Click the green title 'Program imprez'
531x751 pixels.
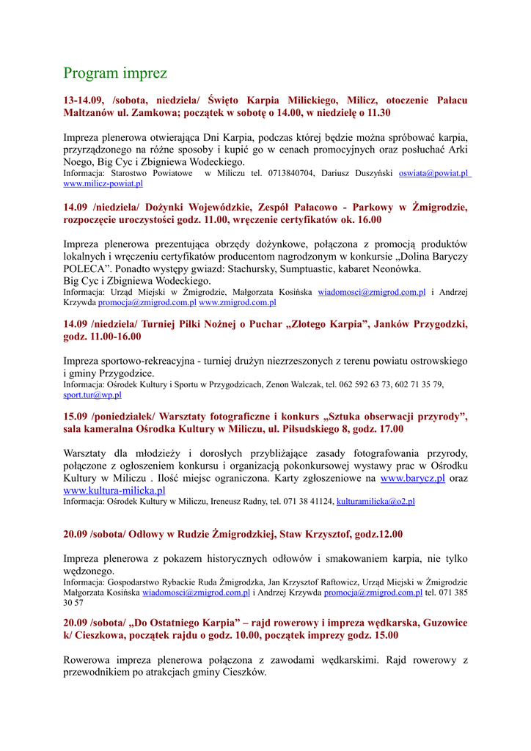click(115, 73)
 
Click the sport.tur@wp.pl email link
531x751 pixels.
click(92, 395)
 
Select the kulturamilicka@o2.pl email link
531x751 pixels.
click(376, 502)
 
